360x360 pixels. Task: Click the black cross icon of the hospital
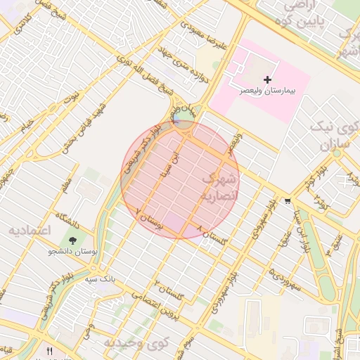pos(267,79)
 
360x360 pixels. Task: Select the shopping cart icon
pos(288,201)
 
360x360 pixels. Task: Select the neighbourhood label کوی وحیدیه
pos(138,342)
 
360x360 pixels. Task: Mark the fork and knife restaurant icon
pos(49,351)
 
